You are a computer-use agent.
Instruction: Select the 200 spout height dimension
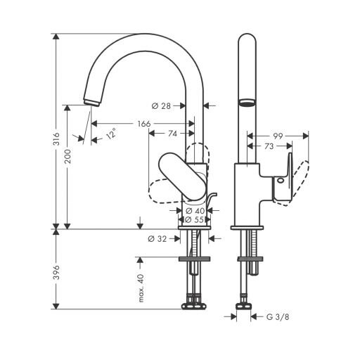click(x=67, y=157)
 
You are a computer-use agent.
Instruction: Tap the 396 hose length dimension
click(x=56, y=273)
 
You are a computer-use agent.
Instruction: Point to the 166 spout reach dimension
click(x=144, y=124)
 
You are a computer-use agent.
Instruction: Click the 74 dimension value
click(x=173, y=134)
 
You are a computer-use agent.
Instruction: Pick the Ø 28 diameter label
click(x=161, y=106)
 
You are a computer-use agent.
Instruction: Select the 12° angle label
click(x=111, y=134)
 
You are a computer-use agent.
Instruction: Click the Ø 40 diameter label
click(x=195, y=211)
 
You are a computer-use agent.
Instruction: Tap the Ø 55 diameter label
click(x=194, y=220)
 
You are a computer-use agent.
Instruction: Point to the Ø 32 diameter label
click(x=157, y=239)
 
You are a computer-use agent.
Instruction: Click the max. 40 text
click(x=141, y=288)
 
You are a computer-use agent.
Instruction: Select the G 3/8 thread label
click(x=278, y=317)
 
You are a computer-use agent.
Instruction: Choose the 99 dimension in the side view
click(x=278, y=136)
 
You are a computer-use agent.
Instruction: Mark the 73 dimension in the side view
click(x=269, y=146)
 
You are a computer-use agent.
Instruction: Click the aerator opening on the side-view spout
click(x=247, y=103)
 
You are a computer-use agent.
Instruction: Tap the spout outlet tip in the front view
click(x=92, y=102)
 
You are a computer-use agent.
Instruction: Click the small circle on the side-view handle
click(x=280, y=181)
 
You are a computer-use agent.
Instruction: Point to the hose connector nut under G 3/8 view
click(x=243, y=306)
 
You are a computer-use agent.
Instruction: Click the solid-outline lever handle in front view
click(x=182, y=176)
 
